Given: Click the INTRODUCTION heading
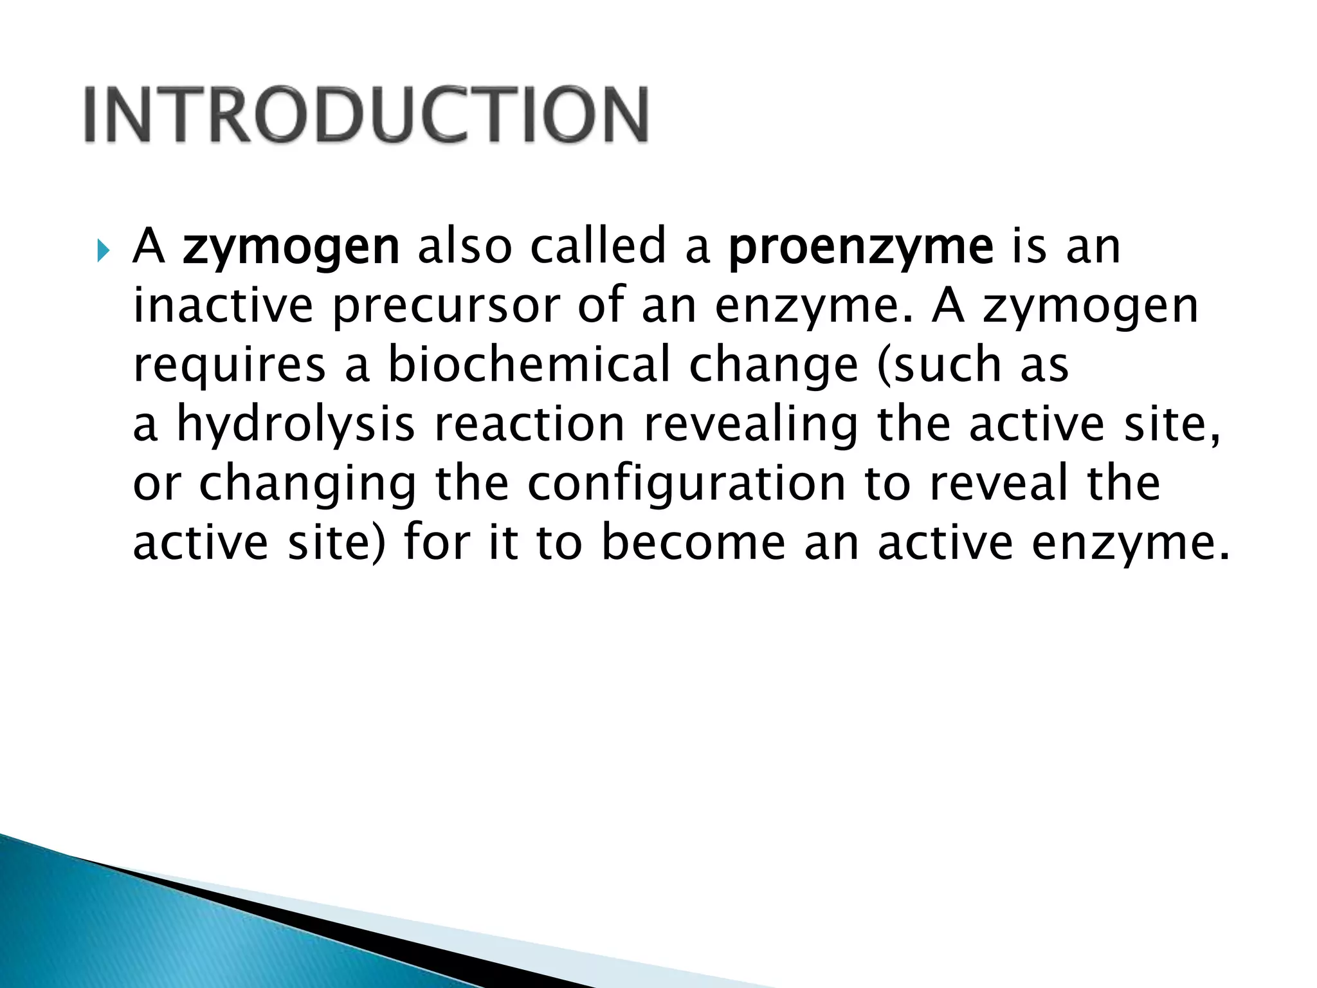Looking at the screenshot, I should click(x=366, y=114).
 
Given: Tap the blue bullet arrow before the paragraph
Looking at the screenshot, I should click(x=103, y=250).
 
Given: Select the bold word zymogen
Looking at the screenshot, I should click(x=291, y=248).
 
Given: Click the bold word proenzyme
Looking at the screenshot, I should click(x=861, y=248).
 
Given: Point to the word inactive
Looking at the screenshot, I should click(x=223, y=306).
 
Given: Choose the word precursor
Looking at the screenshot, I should click(x=446, y=307).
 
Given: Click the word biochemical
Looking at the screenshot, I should click(x=529, y=365).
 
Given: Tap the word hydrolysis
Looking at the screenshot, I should click(x=296, y=425).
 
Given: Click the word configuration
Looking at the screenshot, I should click(x=686, y=484).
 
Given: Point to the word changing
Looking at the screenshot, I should click(x=307, y=484).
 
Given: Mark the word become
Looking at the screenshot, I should click(x=693, y=542).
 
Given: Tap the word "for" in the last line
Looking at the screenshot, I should click(x=437, y=542).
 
